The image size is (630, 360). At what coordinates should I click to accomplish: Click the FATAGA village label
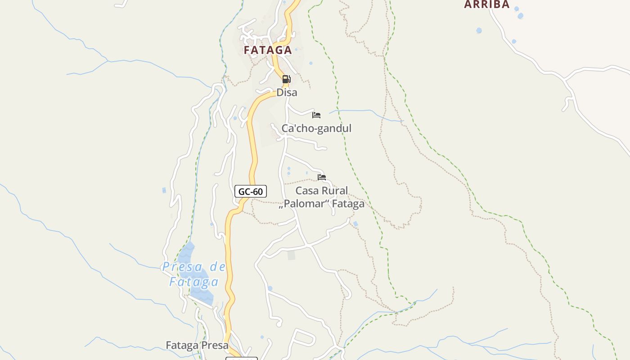[x=268, y=50]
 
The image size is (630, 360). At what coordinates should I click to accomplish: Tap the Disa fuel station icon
[x=286, y=80]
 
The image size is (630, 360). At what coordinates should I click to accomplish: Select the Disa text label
[x=287, y=92]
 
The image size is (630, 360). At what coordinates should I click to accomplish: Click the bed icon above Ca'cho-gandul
[x=316, y=115]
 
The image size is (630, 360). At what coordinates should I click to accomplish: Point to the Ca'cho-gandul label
[x=316, y=128]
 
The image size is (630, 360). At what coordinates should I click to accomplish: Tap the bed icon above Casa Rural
[x=321, y=177]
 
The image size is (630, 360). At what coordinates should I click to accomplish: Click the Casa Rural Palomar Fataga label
[x=322, y=197]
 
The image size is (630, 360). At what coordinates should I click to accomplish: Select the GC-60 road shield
[x=251, y=192]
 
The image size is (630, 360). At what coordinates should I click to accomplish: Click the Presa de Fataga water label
[x=194, y=274]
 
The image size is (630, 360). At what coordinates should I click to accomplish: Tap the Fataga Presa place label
[x=197, y=346]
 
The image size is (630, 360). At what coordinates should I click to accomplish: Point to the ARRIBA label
[x=487, y=4]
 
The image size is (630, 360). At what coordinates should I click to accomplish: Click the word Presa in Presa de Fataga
[x=182, y=267]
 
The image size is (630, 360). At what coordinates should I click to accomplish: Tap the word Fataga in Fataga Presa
[x=182, y=346]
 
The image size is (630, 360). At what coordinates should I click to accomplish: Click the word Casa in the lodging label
[x=306, y=190]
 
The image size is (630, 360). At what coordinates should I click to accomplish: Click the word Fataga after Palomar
[x=349, y=204]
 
